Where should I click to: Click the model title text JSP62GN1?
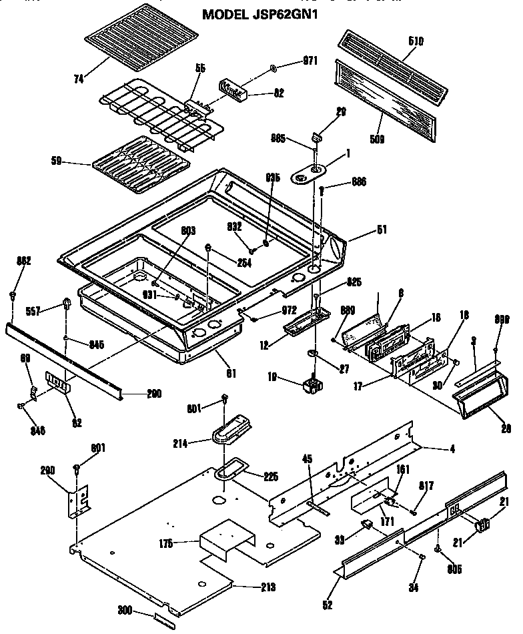(x=261, y=14)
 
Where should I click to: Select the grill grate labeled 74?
(x=141, y=33)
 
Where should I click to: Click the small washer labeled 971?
(x=275, y=68)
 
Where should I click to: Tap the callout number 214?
(x=199, y=442)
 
